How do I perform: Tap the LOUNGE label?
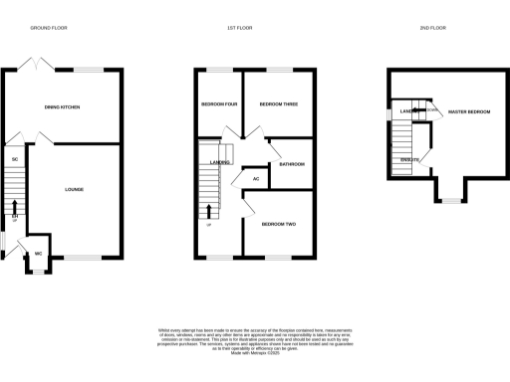pyautogui.click(x=74, y=189)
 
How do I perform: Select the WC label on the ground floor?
pyautogui.click(x=38, y=254)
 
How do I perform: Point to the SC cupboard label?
pyautogui.click(x=15, y=159)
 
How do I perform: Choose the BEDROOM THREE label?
pyautogui.click(x=273, y=104)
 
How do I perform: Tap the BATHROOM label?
pyautogui.click(x=292, y=164)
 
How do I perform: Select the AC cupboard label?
pyautogui.click(x=256, y=178)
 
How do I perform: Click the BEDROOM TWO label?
pyautogui.click(x=279, y=224)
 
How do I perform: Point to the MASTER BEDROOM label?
pyautogui.click(x=469, y=111)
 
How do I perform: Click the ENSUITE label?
pyautogui.click(x=409, y=159)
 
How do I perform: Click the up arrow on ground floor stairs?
pyautogui.click(x=15, y=208)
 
